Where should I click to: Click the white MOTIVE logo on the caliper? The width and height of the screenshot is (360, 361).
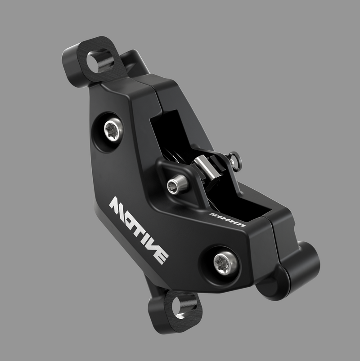(x=139, y=229)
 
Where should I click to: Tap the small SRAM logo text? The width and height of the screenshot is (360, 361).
(x=227, y=219)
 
